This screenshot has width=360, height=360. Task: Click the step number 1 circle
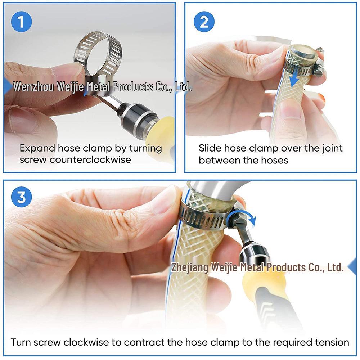click(21, 22)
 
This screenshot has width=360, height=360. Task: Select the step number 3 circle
click(21, 198)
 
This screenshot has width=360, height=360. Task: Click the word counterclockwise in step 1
click(90, 159)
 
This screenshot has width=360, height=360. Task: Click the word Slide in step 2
click(210, 148)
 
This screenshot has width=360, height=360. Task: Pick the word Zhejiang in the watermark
click(189, 267)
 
